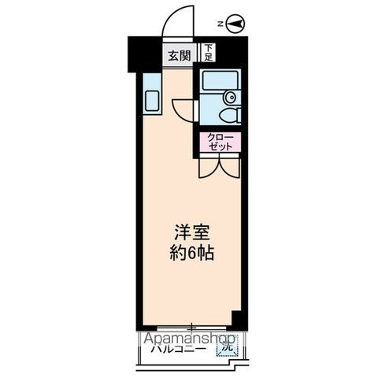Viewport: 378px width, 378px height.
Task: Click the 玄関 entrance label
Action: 179,55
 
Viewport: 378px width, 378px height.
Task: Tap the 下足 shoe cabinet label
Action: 208,53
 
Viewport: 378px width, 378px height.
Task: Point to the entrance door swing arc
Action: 180,19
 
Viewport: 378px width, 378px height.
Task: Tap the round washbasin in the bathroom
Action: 229,97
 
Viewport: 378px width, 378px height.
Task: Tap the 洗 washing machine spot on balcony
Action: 226,346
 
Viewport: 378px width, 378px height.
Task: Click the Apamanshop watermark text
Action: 189,338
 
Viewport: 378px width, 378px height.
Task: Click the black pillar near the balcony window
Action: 234,319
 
